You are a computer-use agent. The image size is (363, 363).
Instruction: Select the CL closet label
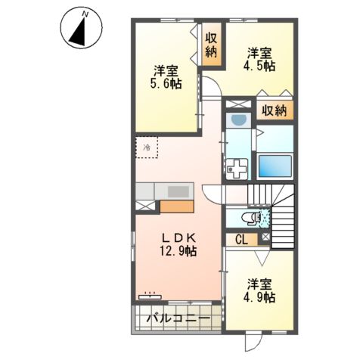241,240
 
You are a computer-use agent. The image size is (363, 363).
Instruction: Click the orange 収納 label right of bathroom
275,111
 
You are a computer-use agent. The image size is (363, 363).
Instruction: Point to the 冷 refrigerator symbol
147,148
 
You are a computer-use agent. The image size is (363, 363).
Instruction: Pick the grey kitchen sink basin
179,191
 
